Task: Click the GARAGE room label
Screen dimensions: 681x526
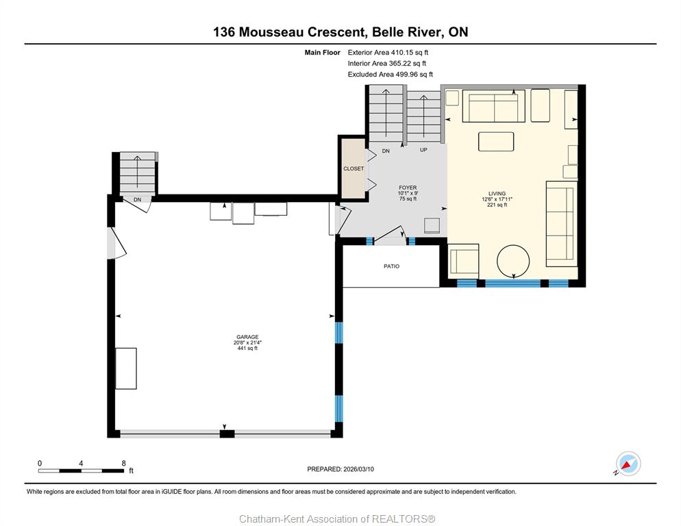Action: pos(247,336)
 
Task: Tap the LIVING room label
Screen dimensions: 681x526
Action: pos(497,194)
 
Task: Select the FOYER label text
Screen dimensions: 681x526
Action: pos(408,188)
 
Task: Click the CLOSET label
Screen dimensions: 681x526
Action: pos(354,168)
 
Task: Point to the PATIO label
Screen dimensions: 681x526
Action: pos(391,266)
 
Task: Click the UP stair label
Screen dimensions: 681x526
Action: pos(423,150)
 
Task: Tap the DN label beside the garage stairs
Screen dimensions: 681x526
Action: pos(137,200)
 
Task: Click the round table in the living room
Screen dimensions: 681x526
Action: pos(513,262)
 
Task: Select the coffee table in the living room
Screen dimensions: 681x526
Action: pos(496,142)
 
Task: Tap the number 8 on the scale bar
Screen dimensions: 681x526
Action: pos(124,463)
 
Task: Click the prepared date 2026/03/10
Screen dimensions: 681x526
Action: pos(358,469)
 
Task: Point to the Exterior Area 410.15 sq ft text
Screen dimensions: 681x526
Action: pos(388,53)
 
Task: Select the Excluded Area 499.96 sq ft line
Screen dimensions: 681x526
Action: pos(390,74)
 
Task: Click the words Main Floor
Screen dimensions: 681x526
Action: pos(322,53)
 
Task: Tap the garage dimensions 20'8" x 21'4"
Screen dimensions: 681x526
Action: pos(247,342)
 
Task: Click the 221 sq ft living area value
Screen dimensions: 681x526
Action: pos(497,205)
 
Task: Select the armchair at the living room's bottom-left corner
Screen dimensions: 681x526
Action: pos(464,262)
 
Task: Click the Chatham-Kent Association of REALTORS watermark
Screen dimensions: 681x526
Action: pos(337,519)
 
